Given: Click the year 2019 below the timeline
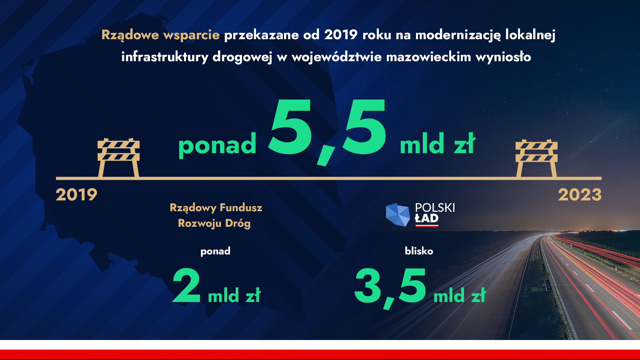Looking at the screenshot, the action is tap(76, 195).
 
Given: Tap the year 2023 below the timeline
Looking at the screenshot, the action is tap(580, 195).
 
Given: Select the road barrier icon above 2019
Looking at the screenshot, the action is tap(118, 158).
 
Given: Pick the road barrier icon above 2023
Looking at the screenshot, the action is tap(536, 158).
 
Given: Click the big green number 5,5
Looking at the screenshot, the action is tap(327, 132).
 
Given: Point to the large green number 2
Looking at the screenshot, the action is tap(186, 285).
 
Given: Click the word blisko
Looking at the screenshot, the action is tap(419, 251).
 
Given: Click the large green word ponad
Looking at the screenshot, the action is tap(217, 145).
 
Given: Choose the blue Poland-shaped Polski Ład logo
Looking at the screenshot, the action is tap(398, 214).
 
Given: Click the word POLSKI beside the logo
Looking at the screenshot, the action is tap(435, 208).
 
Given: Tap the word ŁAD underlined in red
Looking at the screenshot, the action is tap(426, 218).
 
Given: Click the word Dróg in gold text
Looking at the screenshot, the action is tap(238, 223).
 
